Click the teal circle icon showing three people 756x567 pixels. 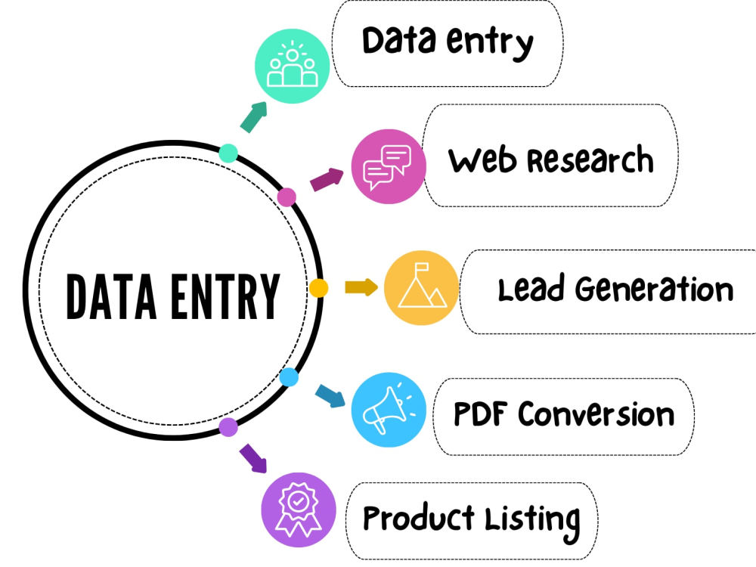point(292,66)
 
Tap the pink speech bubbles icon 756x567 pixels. point(389,166)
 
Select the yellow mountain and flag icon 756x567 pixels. point(421,288)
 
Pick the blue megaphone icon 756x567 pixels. point(389,410)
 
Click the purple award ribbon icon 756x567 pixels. point(299,510)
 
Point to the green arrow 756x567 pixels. point(253,116)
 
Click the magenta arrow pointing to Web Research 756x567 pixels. point(327,179)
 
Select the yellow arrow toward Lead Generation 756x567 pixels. point(361,287)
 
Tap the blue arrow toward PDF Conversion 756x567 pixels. point(330,396)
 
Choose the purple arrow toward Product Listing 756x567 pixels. point(253,459)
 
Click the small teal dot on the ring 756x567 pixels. point(228,153)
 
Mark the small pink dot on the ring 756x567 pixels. point(287,197)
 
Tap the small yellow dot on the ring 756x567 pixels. point(318,288)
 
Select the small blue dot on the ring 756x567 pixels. point(289,377)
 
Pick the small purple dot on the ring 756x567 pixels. point(228,427)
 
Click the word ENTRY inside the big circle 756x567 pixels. point(225,296)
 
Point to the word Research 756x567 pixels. point(590,159)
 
